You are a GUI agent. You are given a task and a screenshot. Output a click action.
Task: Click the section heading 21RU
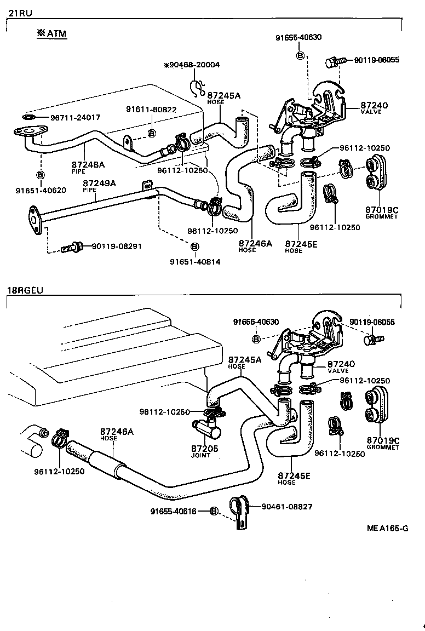[20, 12]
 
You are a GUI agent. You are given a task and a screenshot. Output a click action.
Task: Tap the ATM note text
[51, 34]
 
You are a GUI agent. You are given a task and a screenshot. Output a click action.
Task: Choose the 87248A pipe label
[88, 164]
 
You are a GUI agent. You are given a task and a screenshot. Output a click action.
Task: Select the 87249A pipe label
[99, 184]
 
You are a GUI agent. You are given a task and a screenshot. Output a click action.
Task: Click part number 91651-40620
[41, 191]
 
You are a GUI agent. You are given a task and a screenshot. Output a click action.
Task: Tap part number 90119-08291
[116, 246]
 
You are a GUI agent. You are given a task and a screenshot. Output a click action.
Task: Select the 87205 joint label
[204, 448]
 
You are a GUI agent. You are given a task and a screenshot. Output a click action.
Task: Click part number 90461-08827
[283, 507]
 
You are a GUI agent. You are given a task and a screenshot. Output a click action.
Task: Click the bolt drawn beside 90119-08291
[71, 247]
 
